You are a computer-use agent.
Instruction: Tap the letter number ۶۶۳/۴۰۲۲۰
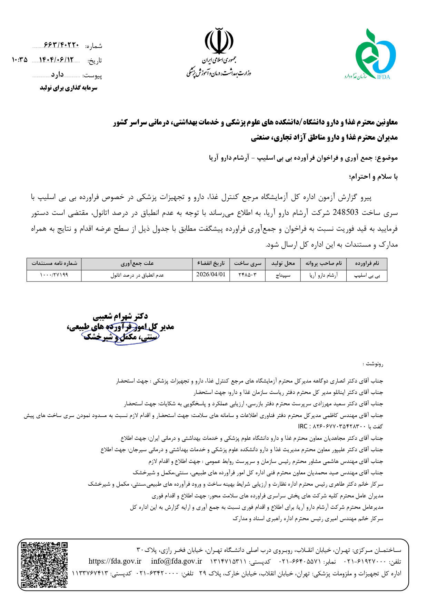(x=61, y=45)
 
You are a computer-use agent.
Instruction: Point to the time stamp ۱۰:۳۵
(x=19, y=60)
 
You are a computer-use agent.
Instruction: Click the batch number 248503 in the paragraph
(x=346, y=212)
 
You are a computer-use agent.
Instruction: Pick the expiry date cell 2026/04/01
(x=211, y=275)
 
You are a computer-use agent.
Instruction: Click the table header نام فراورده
(x=367, y=264)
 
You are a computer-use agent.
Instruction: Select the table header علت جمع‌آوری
(x=137, y=264)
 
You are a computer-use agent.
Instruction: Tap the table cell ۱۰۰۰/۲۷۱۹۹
(x=54, y=275)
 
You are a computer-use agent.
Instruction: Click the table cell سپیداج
(x=283, y=275)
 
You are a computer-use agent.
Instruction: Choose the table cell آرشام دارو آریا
(x=323, y=275)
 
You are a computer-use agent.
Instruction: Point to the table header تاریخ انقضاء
(x=211, y=264)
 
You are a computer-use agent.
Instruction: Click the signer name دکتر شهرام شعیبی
(x=120, y=316)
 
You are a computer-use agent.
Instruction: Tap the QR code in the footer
(x=44, y=565)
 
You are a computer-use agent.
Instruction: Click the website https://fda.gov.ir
(x=115, y=561)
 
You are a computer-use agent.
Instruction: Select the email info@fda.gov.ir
(x=176, y=561)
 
